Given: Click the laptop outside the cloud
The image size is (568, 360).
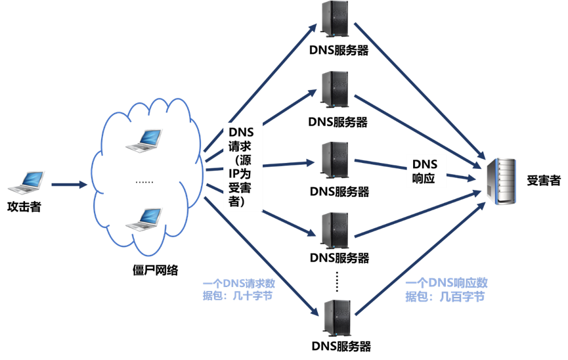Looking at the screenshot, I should [x=27, y=182].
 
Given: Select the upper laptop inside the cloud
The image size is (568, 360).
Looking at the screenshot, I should [x=144, y=140].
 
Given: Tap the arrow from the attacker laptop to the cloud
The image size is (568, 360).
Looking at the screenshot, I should [x=69, y=185].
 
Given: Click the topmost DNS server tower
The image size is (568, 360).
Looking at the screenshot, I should [x=334, y=17].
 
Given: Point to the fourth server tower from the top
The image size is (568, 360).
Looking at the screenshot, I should [x=334, y=229].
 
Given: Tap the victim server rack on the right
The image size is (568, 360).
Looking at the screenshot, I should [x=501, y=181].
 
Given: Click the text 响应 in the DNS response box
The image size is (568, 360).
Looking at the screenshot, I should [x=425, y=179].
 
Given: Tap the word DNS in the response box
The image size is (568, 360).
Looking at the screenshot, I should [x=429, y=163].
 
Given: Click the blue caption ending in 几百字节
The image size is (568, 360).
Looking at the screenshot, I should [x=446, y=290].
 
